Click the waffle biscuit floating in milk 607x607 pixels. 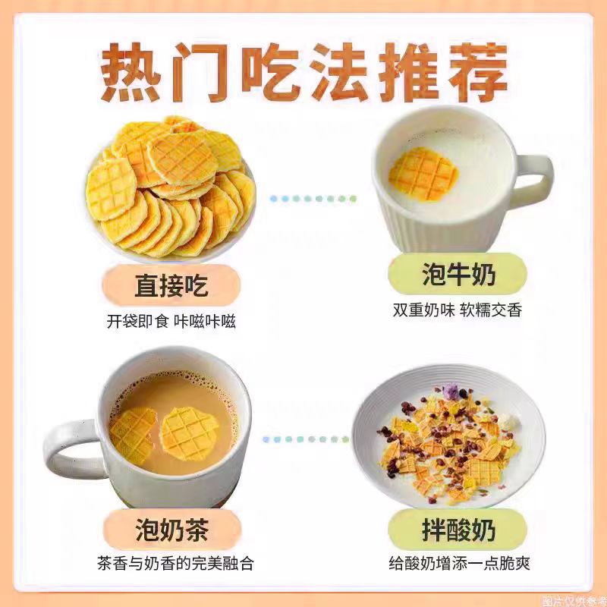click(423, 174)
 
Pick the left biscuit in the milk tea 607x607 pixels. click(134, 436)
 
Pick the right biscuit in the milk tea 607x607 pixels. click(189, 432)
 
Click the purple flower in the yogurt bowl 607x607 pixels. click(452, 392)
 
